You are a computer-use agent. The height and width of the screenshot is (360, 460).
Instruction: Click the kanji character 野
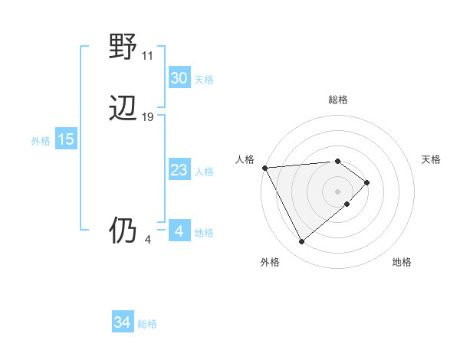click(x=123, y=47)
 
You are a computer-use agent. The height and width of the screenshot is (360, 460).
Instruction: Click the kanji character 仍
click(x=123, y=231)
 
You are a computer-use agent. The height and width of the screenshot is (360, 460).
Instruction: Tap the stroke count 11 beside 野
click(x=147, y=56)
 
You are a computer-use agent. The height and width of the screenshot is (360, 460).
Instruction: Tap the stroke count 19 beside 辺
click(x=147, y=117)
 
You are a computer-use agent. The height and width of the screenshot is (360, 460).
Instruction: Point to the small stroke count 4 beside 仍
click(x=147, y=239)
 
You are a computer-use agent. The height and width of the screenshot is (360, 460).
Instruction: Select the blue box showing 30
click(x=179, y=78)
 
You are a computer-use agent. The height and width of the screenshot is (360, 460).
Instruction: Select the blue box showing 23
click(x=179, y=170)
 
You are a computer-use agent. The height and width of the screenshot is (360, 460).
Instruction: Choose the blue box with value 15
click(x=66, y=139)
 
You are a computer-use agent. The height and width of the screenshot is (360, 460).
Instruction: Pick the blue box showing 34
click(x=123, y=322)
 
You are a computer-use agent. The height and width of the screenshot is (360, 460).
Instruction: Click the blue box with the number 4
click(x=179, y=231)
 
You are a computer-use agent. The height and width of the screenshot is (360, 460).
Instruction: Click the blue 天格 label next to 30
click(x=204, y=80)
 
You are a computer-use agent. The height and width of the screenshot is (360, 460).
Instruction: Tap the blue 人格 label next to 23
click(x=204, y=172)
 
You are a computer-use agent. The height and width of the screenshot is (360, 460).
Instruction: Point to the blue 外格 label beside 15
click(x=41, y=141)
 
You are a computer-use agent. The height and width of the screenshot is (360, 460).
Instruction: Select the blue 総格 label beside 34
click(x=147, y=324)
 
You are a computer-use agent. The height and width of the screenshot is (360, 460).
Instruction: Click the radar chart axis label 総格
click(x=338, y=100)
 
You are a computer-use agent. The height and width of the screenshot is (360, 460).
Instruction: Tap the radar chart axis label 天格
click(x=431, y=159)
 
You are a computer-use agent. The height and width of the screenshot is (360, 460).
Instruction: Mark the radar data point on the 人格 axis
click(x=264, y=167)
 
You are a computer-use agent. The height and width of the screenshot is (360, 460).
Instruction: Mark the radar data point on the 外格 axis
click(x=302, y=242)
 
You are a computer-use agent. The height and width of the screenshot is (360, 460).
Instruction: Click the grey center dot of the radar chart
click(x=338, y=191)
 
